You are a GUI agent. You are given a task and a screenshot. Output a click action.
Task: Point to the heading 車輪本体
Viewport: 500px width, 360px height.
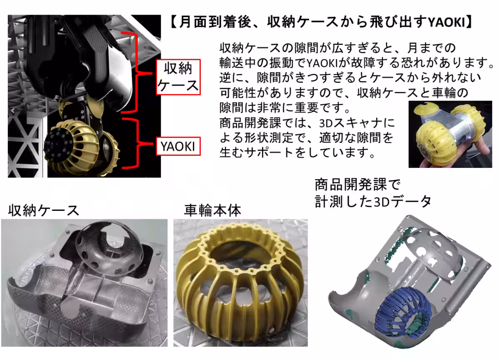[x=212, y=210]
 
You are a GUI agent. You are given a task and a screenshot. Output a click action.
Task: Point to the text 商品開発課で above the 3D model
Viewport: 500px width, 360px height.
[x=357, y=184]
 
